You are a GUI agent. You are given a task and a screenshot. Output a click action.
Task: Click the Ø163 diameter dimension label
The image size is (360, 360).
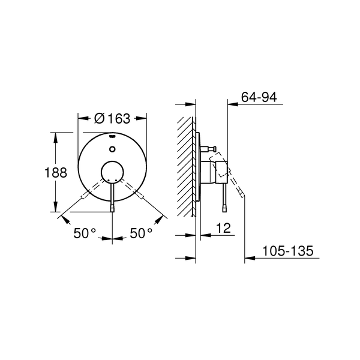coord(113,118)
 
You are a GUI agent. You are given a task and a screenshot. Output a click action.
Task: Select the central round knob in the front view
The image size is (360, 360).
coord(113,173)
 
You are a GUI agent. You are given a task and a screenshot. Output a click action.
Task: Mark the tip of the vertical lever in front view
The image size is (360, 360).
coord(113,208)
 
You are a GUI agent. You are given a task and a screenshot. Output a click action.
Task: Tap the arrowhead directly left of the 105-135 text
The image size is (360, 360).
coord(248,259)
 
